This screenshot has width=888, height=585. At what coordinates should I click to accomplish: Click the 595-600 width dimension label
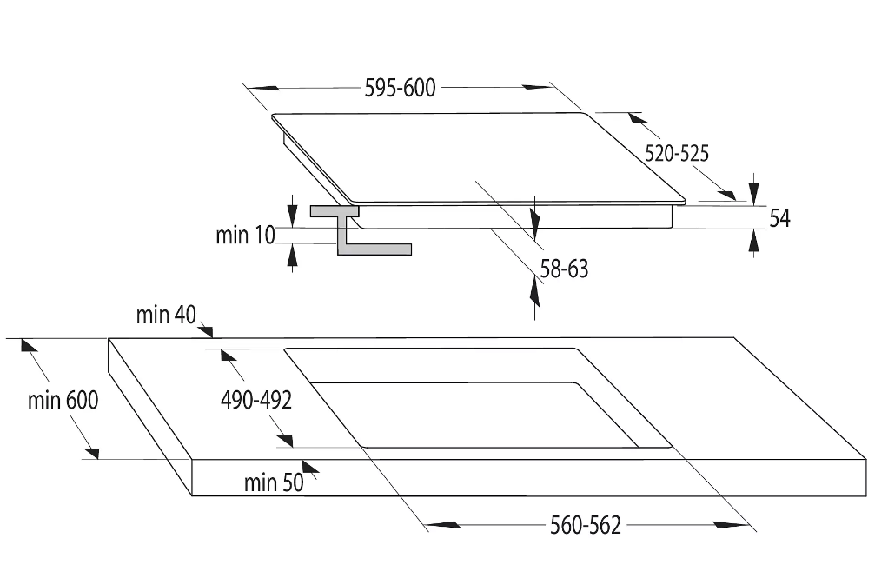point(400,89)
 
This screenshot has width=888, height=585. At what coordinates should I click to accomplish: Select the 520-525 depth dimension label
point(677,154)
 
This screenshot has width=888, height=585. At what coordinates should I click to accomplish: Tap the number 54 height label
point(779,218)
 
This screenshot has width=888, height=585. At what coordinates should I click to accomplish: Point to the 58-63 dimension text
point(564,269)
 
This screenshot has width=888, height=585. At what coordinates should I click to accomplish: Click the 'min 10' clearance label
point(245,235)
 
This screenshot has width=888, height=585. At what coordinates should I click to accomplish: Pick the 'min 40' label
point(166,315)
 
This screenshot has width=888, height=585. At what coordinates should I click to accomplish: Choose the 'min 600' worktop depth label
point(63,401)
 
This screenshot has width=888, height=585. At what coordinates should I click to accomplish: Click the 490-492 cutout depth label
point(256,401)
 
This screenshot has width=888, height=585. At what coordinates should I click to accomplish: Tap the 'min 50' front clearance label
point(274,483)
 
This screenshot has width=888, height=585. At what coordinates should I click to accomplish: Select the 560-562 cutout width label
point(586,526)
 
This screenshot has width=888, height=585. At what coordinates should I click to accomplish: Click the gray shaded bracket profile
point(361,230)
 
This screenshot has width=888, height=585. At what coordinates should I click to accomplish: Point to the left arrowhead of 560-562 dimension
point(443,525)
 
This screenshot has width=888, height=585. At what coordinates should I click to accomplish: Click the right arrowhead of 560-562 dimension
point(731,525)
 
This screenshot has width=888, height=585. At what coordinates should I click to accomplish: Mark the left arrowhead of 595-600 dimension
point(264,88)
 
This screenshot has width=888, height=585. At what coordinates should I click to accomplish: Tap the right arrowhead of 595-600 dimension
point(537,87)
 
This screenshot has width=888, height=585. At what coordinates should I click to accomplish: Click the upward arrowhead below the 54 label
point(754,243)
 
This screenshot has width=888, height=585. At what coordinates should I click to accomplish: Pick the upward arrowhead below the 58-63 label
point(534,292)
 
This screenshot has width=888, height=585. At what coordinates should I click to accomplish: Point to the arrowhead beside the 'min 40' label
point(205,330)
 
